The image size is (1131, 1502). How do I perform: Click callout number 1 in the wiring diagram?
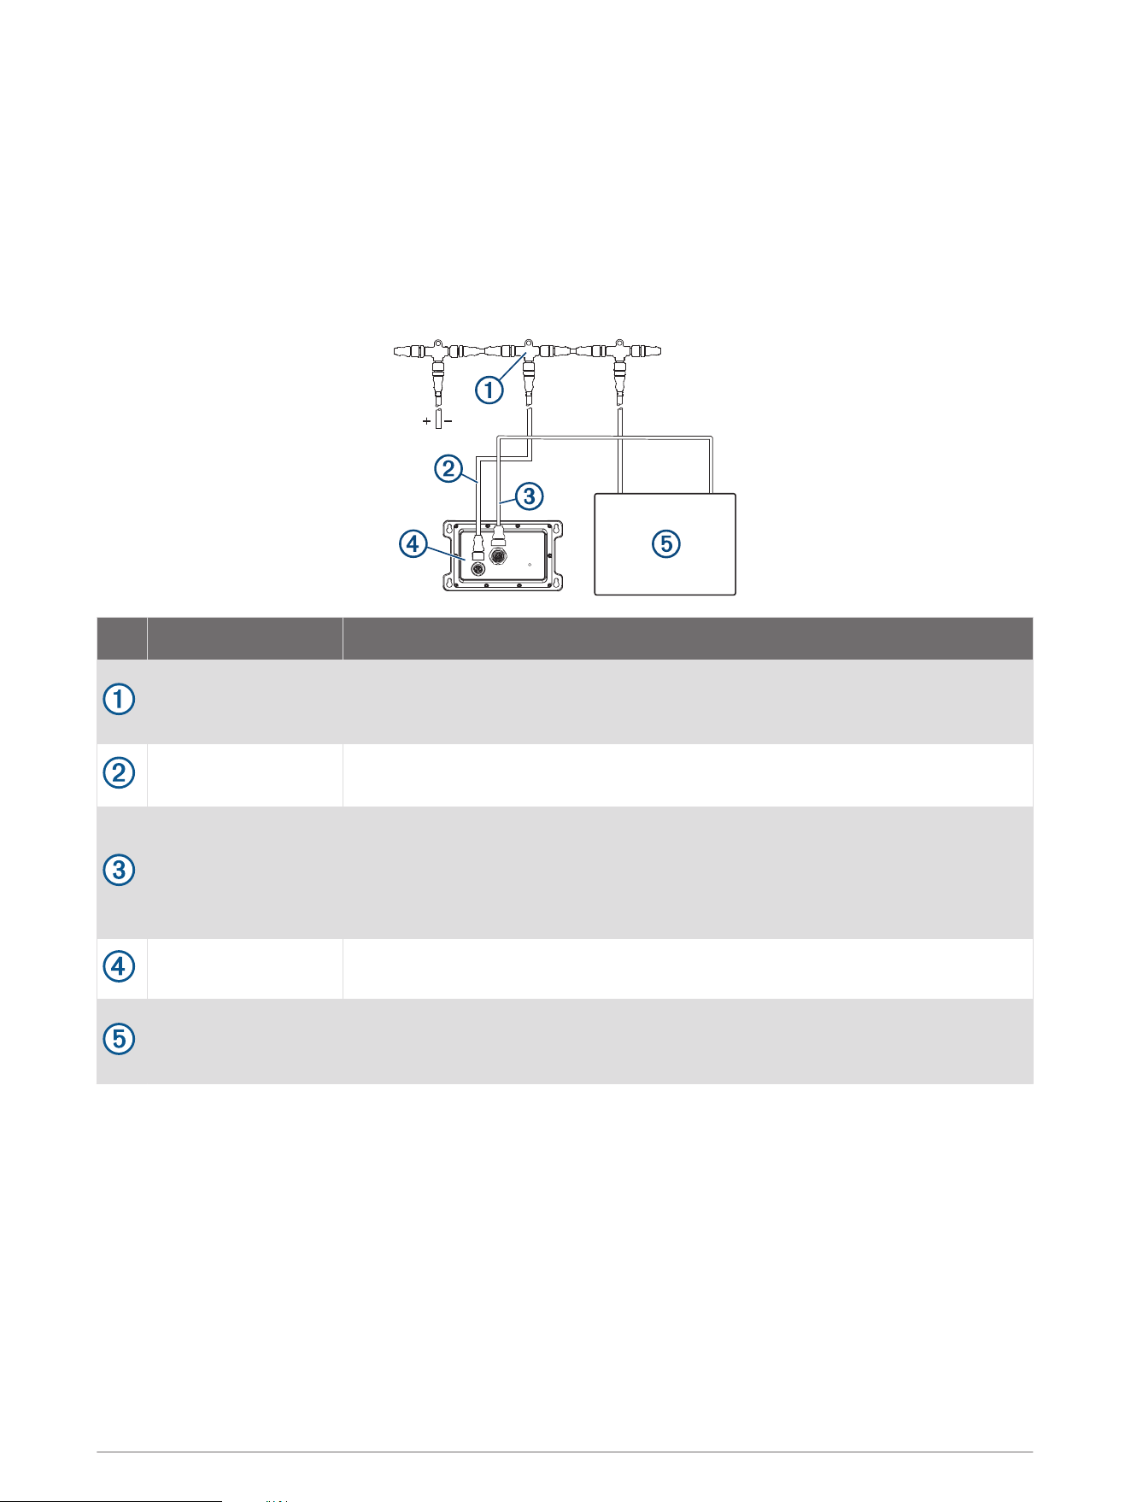(x=489, y=390)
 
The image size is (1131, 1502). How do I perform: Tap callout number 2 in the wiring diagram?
(x=448, y=468)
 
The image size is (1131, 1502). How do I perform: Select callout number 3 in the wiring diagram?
(x=530, y=496)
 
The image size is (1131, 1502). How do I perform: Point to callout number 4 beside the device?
(x=413, y=544)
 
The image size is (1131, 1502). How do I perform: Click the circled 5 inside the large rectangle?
(x=665, y=544)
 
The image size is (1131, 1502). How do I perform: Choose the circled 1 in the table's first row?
(x=120, y=701)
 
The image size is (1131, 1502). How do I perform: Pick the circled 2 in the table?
(x=120, y=774)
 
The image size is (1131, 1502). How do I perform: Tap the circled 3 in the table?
(x=120, y=871)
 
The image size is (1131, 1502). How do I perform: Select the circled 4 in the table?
(x=120, y=967)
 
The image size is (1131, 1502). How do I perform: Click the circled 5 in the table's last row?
(x=120, y=1040)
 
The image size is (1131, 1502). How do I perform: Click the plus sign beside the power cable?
(x=426, y=421)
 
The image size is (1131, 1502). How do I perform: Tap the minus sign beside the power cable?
(x=448, y=421)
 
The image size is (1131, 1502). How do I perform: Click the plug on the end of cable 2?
(x=478, y=545)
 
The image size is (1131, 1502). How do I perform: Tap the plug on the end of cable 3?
(x=499, y=536)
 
